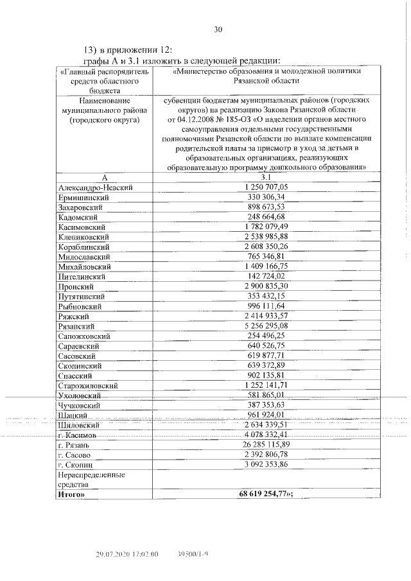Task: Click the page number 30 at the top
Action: click(x=218, y=29)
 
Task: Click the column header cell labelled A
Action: click(x=103, y=177)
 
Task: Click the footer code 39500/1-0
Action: click(x=193, y=553)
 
